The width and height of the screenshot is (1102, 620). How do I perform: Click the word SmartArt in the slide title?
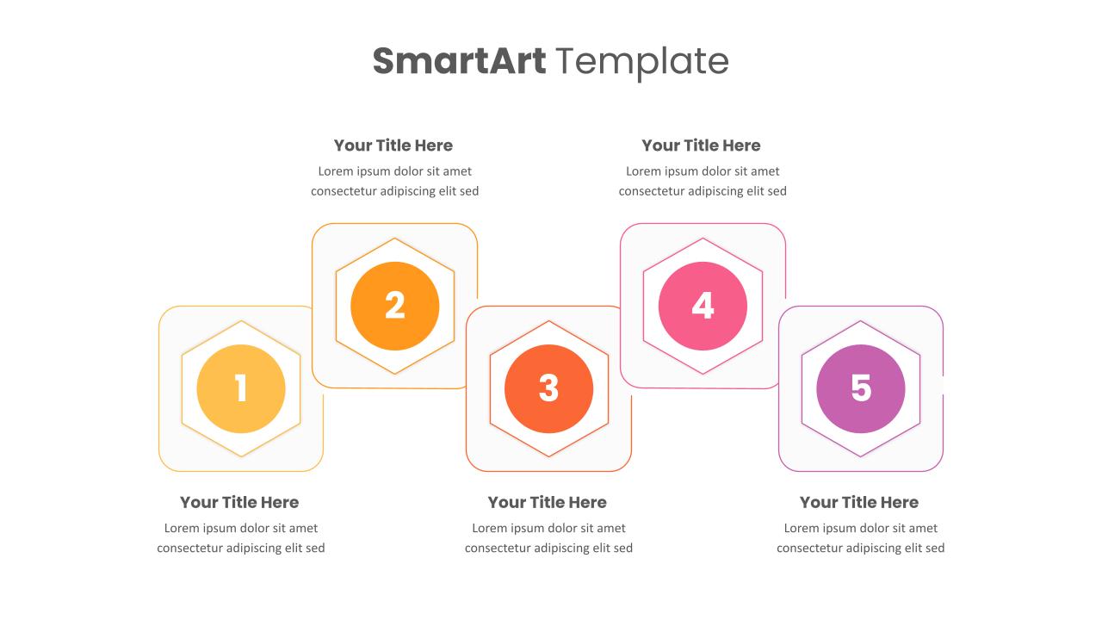pos(459,61)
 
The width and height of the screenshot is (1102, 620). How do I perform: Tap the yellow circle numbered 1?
pos(241,388)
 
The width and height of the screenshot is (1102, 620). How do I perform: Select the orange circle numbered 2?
pos(395,306)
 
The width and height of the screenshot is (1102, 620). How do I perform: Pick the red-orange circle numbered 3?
pos(549,388)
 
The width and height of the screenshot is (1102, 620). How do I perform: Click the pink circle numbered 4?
pos(703,306)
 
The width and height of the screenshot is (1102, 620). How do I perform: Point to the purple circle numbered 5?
pos(861,388)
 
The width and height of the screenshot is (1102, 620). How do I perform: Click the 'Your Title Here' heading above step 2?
pos(393,146)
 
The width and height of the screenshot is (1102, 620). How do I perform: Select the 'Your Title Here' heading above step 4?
pos(701,146)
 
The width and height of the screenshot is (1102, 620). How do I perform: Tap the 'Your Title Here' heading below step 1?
pos(239,502)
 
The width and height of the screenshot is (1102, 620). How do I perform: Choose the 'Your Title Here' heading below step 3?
pos(548,502)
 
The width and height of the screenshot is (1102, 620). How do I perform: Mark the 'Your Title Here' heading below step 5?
pos(859,502)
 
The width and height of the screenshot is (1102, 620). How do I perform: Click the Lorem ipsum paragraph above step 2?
pos(395,181)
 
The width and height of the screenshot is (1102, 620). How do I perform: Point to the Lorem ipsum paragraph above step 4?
pos(703,181)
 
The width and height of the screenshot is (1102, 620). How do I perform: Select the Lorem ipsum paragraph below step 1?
pos(241,538)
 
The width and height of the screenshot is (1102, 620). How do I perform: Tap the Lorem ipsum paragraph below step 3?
pos(549,538)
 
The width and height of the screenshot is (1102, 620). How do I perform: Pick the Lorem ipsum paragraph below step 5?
pos(861,538)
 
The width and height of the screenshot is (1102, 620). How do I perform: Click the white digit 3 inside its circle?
pos(549,388)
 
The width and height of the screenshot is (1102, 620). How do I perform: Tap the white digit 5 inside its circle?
pos(861,388)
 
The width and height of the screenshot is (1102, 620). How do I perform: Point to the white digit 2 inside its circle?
pos(395,306)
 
